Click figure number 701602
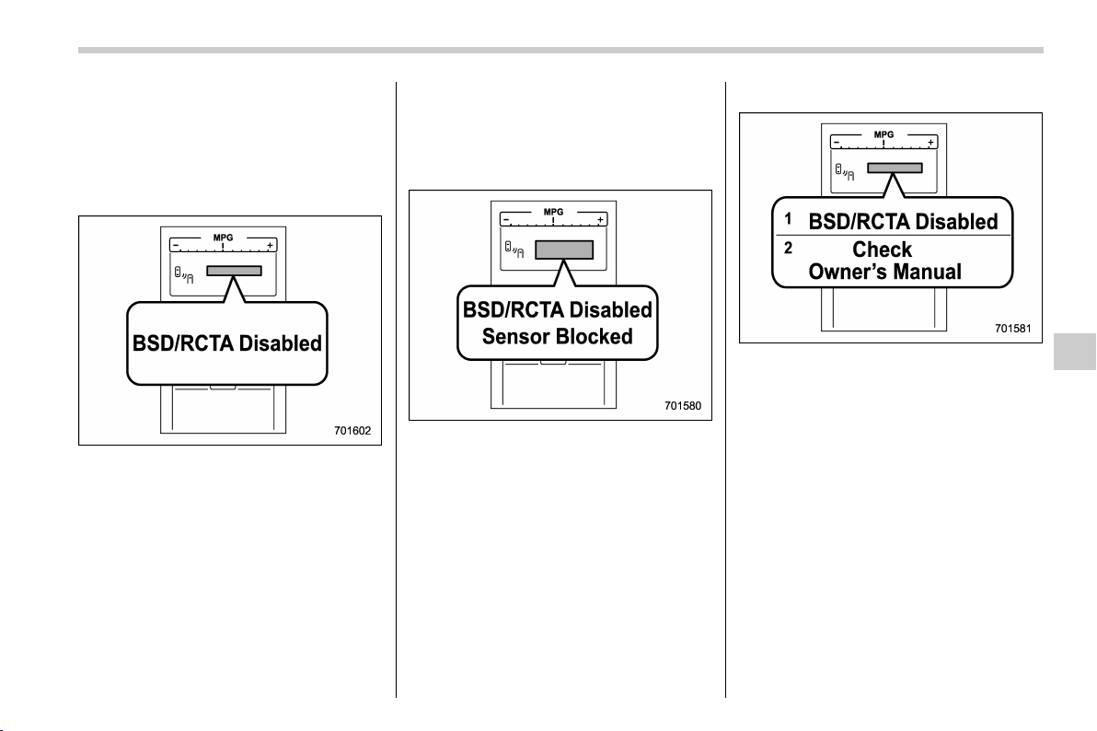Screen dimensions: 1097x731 coord(352,431)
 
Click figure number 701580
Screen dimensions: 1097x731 coord(683,405)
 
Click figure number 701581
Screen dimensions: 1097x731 coord(1013,328)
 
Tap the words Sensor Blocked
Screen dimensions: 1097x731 coord(558,337)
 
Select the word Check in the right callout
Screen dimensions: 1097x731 coord(883,249)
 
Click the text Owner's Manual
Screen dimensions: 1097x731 coord(885,272)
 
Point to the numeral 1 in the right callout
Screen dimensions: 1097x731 coord(788,219)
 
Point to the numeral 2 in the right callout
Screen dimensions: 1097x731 coord(789,248)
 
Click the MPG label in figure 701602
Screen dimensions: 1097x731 coord(224,238)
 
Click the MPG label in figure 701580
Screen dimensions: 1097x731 coord(553,212)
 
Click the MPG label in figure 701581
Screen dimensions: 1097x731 coord(883,134)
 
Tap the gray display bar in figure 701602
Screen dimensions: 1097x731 coord(235,271)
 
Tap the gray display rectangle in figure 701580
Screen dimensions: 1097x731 coord(564,250)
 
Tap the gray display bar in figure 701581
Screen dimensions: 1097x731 coord(895,168)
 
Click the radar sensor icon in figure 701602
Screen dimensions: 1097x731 coord(184,275)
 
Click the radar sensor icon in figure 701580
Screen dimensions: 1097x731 coord(514,249)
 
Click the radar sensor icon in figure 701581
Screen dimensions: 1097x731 coord(845,171)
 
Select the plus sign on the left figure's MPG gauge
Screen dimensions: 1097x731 coord(270,246)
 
